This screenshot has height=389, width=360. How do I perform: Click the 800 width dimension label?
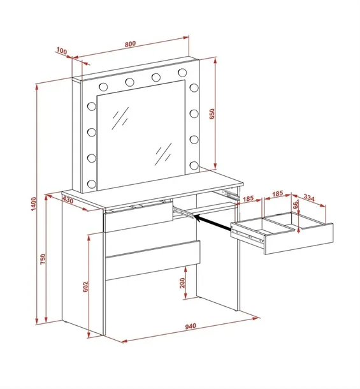130,44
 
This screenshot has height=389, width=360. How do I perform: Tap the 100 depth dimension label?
62,51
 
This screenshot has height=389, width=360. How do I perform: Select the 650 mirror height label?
212,114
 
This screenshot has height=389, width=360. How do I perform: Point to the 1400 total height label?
34,204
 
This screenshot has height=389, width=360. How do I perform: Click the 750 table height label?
43,259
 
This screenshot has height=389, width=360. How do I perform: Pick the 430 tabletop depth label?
68,200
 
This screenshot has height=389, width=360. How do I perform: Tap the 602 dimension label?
85,287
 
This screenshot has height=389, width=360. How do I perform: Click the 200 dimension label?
182,283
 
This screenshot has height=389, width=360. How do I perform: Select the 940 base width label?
191,326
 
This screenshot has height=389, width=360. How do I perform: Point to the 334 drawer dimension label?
309,198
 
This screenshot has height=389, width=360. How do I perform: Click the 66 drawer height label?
295,205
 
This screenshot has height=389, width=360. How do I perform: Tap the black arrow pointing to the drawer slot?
212,222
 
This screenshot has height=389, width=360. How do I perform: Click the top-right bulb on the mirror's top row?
182,73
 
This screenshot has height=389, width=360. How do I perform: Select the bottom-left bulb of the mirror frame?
92,184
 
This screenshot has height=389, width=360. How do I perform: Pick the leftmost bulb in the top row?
103,87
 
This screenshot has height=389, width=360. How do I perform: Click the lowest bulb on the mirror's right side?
194,165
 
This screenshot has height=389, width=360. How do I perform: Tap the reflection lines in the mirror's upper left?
120,118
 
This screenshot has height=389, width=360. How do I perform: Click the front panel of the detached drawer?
299,239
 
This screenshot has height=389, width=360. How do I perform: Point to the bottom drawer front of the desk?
153,260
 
